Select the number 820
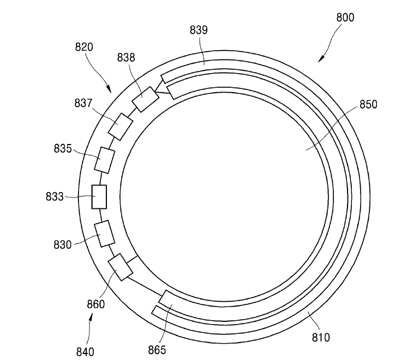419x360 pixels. (x=83, y=47)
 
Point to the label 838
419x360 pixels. (x=125, y=57)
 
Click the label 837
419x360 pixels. (x=83, y=103)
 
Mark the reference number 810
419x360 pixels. (x=320, y=337)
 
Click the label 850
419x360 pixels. (x=368, y=105)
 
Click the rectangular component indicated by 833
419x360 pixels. (x=99, y=196)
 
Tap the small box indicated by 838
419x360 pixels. (x=145, y=100)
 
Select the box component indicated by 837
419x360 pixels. (x=121, y=127)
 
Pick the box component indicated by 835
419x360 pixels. (x=105, y=160)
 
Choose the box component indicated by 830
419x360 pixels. (x=104, y=233)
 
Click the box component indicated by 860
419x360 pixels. (x=121, y=267)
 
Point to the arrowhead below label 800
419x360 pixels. (x=321, y=57)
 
